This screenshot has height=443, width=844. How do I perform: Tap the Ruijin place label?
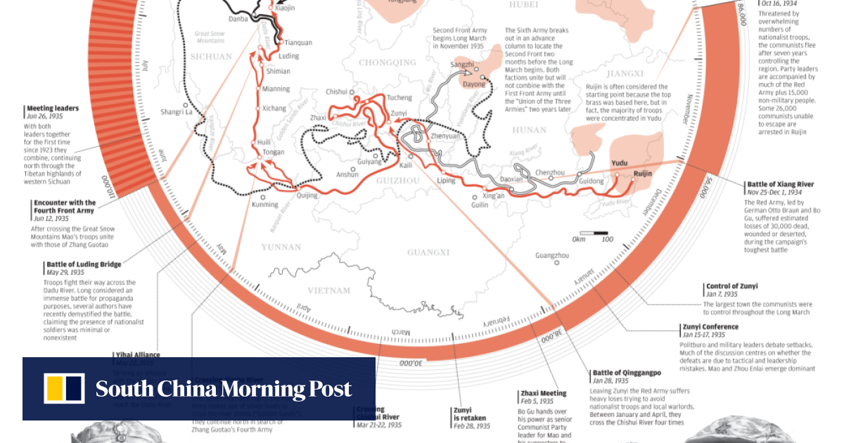click(x=642, y=173)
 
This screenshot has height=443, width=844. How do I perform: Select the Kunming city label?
click(x=264, y=205)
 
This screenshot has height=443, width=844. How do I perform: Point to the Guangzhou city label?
click(x=551, y=255)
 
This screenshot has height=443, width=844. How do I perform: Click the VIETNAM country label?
click(x=328, y=290)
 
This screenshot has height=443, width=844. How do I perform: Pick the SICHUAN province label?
click(x=210, y=56)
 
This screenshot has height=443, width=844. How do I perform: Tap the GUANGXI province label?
click(x=428, y=252)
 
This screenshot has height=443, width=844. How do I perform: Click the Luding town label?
click(x=288, y=56)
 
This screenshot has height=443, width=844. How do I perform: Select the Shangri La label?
click(x=175, y=112)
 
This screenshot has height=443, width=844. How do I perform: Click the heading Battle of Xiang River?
click(x=780, y=184)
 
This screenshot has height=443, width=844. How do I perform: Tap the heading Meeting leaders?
click(x=53, y=108)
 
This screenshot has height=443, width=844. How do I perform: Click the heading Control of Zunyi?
click(x=731, y=286)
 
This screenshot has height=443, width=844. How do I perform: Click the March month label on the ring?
click(x=419, y=331)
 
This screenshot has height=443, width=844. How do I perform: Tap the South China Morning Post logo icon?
click(x=64, y=389)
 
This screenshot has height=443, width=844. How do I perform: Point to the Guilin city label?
click(x=480, y=205)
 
